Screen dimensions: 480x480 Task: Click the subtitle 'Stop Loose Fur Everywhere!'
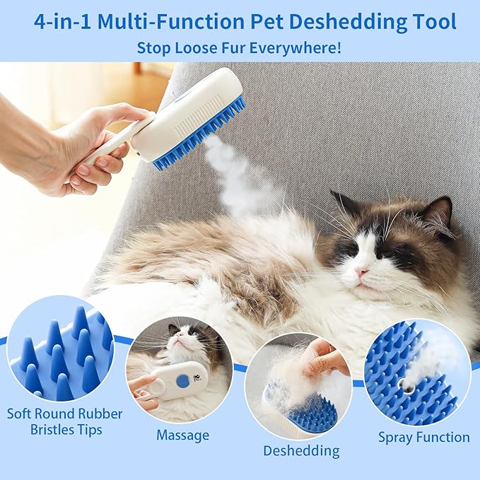240,48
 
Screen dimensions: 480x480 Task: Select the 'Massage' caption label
182,435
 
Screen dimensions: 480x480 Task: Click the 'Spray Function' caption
423,437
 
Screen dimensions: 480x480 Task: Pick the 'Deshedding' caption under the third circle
301,450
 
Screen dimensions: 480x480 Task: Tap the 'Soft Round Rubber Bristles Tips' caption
64,422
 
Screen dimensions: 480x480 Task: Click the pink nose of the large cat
362,271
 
